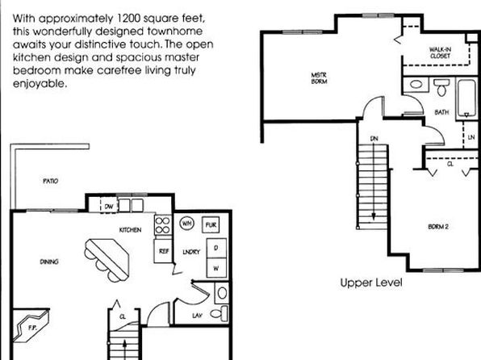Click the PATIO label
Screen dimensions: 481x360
click(x=50, y=181)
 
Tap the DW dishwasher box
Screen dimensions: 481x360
click(x=109, y=207)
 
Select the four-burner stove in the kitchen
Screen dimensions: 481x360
click(x=162, y=225)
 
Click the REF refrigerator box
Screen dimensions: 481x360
click(x=163, y=251)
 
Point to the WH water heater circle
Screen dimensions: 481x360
click(x=186, y=224)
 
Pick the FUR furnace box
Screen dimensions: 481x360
click(x=211, y=225)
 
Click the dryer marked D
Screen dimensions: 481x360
click(x=216, y=248)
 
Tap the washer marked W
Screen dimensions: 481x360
click(x=216, y=268)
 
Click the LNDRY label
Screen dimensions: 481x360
click(x=191, y=252)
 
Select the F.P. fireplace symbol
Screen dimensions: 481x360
click(x=31, y=326)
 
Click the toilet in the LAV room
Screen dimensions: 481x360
click(x=220, y=313)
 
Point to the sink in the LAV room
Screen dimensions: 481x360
click(x=222, y=293)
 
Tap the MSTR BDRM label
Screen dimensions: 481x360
click(x=319, y=78)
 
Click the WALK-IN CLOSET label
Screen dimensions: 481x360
click(x=440, y=52)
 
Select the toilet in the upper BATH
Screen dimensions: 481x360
click(x=441, y=87)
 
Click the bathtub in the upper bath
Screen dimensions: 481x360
click(x=466, y=98)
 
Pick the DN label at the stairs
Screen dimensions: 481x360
click(x=374, y=139)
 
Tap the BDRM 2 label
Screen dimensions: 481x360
click(x=438, y=227)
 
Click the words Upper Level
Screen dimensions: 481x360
click(x=371, y=283)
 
